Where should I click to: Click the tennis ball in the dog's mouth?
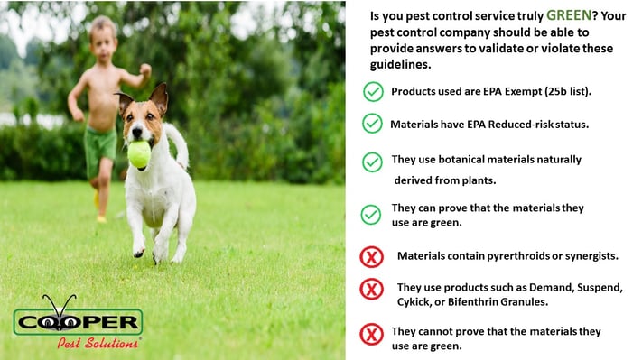(x=139, y=154)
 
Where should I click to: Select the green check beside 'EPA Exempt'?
(x=372, y=91)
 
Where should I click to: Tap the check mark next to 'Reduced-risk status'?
(x=372, y=123)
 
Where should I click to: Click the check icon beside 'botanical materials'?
(x=372, y=162)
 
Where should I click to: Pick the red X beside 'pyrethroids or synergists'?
(x=372, y=256)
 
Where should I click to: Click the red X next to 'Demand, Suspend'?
(x=372, y=289)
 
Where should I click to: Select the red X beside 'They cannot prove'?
(x=372, y=334)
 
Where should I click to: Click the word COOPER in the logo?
(x=79, y=323)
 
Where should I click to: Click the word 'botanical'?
(x=462, y=159)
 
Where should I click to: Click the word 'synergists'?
(x=588, y=255)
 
